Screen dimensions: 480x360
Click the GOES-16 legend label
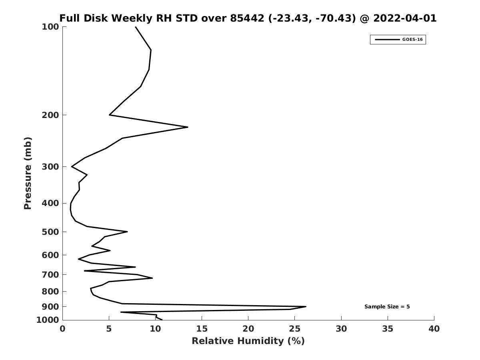412,40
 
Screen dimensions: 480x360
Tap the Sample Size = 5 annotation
387,307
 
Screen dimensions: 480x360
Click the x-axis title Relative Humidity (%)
248,341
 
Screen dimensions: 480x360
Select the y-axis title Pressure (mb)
28,173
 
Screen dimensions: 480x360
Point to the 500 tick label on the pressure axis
50,232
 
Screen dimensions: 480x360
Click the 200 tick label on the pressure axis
50,115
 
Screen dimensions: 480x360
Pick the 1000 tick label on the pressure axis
48,320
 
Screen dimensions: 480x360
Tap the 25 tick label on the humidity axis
294,329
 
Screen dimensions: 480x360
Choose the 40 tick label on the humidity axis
434,329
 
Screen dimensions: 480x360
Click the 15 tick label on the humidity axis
202,329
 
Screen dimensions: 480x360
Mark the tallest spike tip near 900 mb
306,306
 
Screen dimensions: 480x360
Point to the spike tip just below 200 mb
188,127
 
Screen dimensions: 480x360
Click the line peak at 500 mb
127,232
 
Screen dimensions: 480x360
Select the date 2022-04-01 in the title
405,18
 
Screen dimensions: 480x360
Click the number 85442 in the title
247,18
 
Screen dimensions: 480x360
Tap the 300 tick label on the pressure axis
50,167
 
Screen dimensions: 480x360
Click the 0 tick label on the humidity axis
62,329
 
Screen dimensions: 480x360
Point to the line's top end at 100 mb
136,27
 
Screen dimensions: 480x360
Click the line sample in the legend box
387,40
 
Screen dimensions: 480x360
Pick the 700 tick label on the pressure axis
50,274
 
